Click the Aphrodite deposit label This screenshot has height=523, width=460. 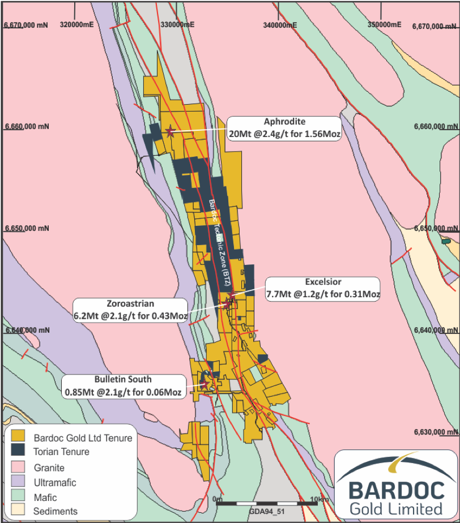point(284,122)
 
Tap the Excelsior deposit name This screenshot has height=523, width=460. point(323,282)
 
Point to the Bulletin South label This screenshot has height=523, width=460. point(123,379)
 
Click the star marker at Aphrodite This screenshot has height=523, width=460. point(170,131)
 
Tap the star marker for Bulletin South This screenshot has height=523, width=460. point(205,384)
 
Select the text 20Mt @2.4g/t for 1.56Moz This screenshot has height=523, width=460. point(284,135)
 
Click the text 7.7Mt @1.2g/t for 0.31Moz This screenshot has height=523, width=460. point(323,294)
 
